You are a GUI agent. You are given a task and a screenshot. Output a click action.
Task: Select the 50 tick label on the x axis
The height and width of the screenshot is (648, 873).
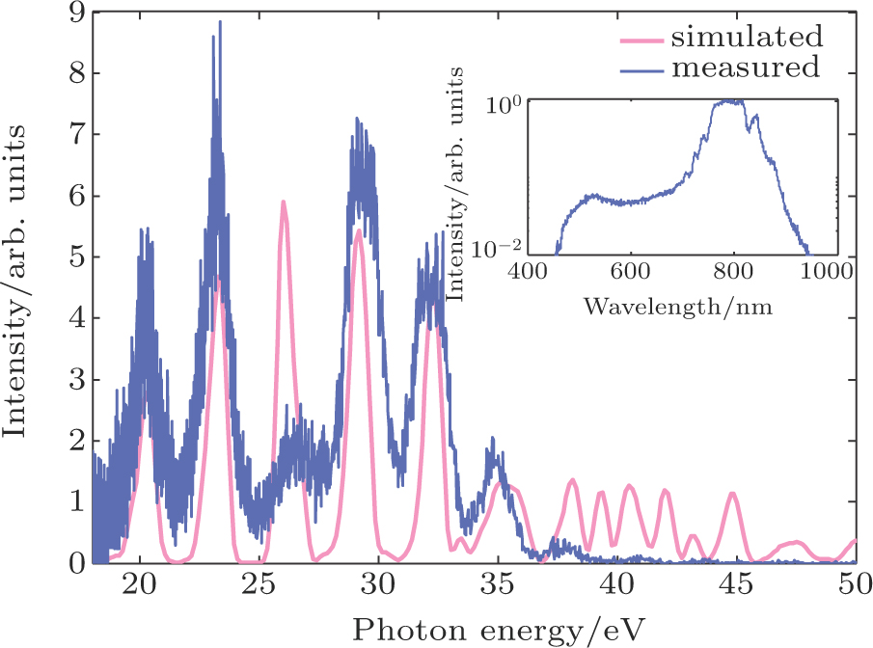[x=855, y=585]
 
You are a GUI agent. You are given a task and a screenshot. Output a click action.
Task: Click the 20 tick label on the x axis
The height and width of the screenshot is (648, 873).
[x=141, y=585]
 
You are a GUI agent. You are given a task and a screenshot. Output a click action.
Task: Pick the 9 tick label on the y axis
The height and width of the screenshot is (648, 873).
[x=76, y=13]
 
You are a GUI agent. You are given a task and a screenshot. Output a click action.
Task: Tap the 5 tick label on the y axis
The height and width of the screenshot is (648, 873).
[x=76, y=256]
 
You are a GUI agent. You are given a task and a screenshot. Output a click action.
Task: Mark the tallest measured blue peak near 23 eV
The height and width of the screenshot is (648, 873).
[x=220, y=22]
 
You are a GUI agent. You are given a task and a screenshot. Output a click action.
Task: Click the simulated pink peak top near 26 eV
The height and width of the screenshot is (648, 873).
[x=284, y=202]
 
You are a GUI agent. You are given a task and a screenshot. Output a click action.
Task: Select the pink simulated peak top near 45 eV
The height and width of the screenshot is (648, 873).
[x=733, y=494]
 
